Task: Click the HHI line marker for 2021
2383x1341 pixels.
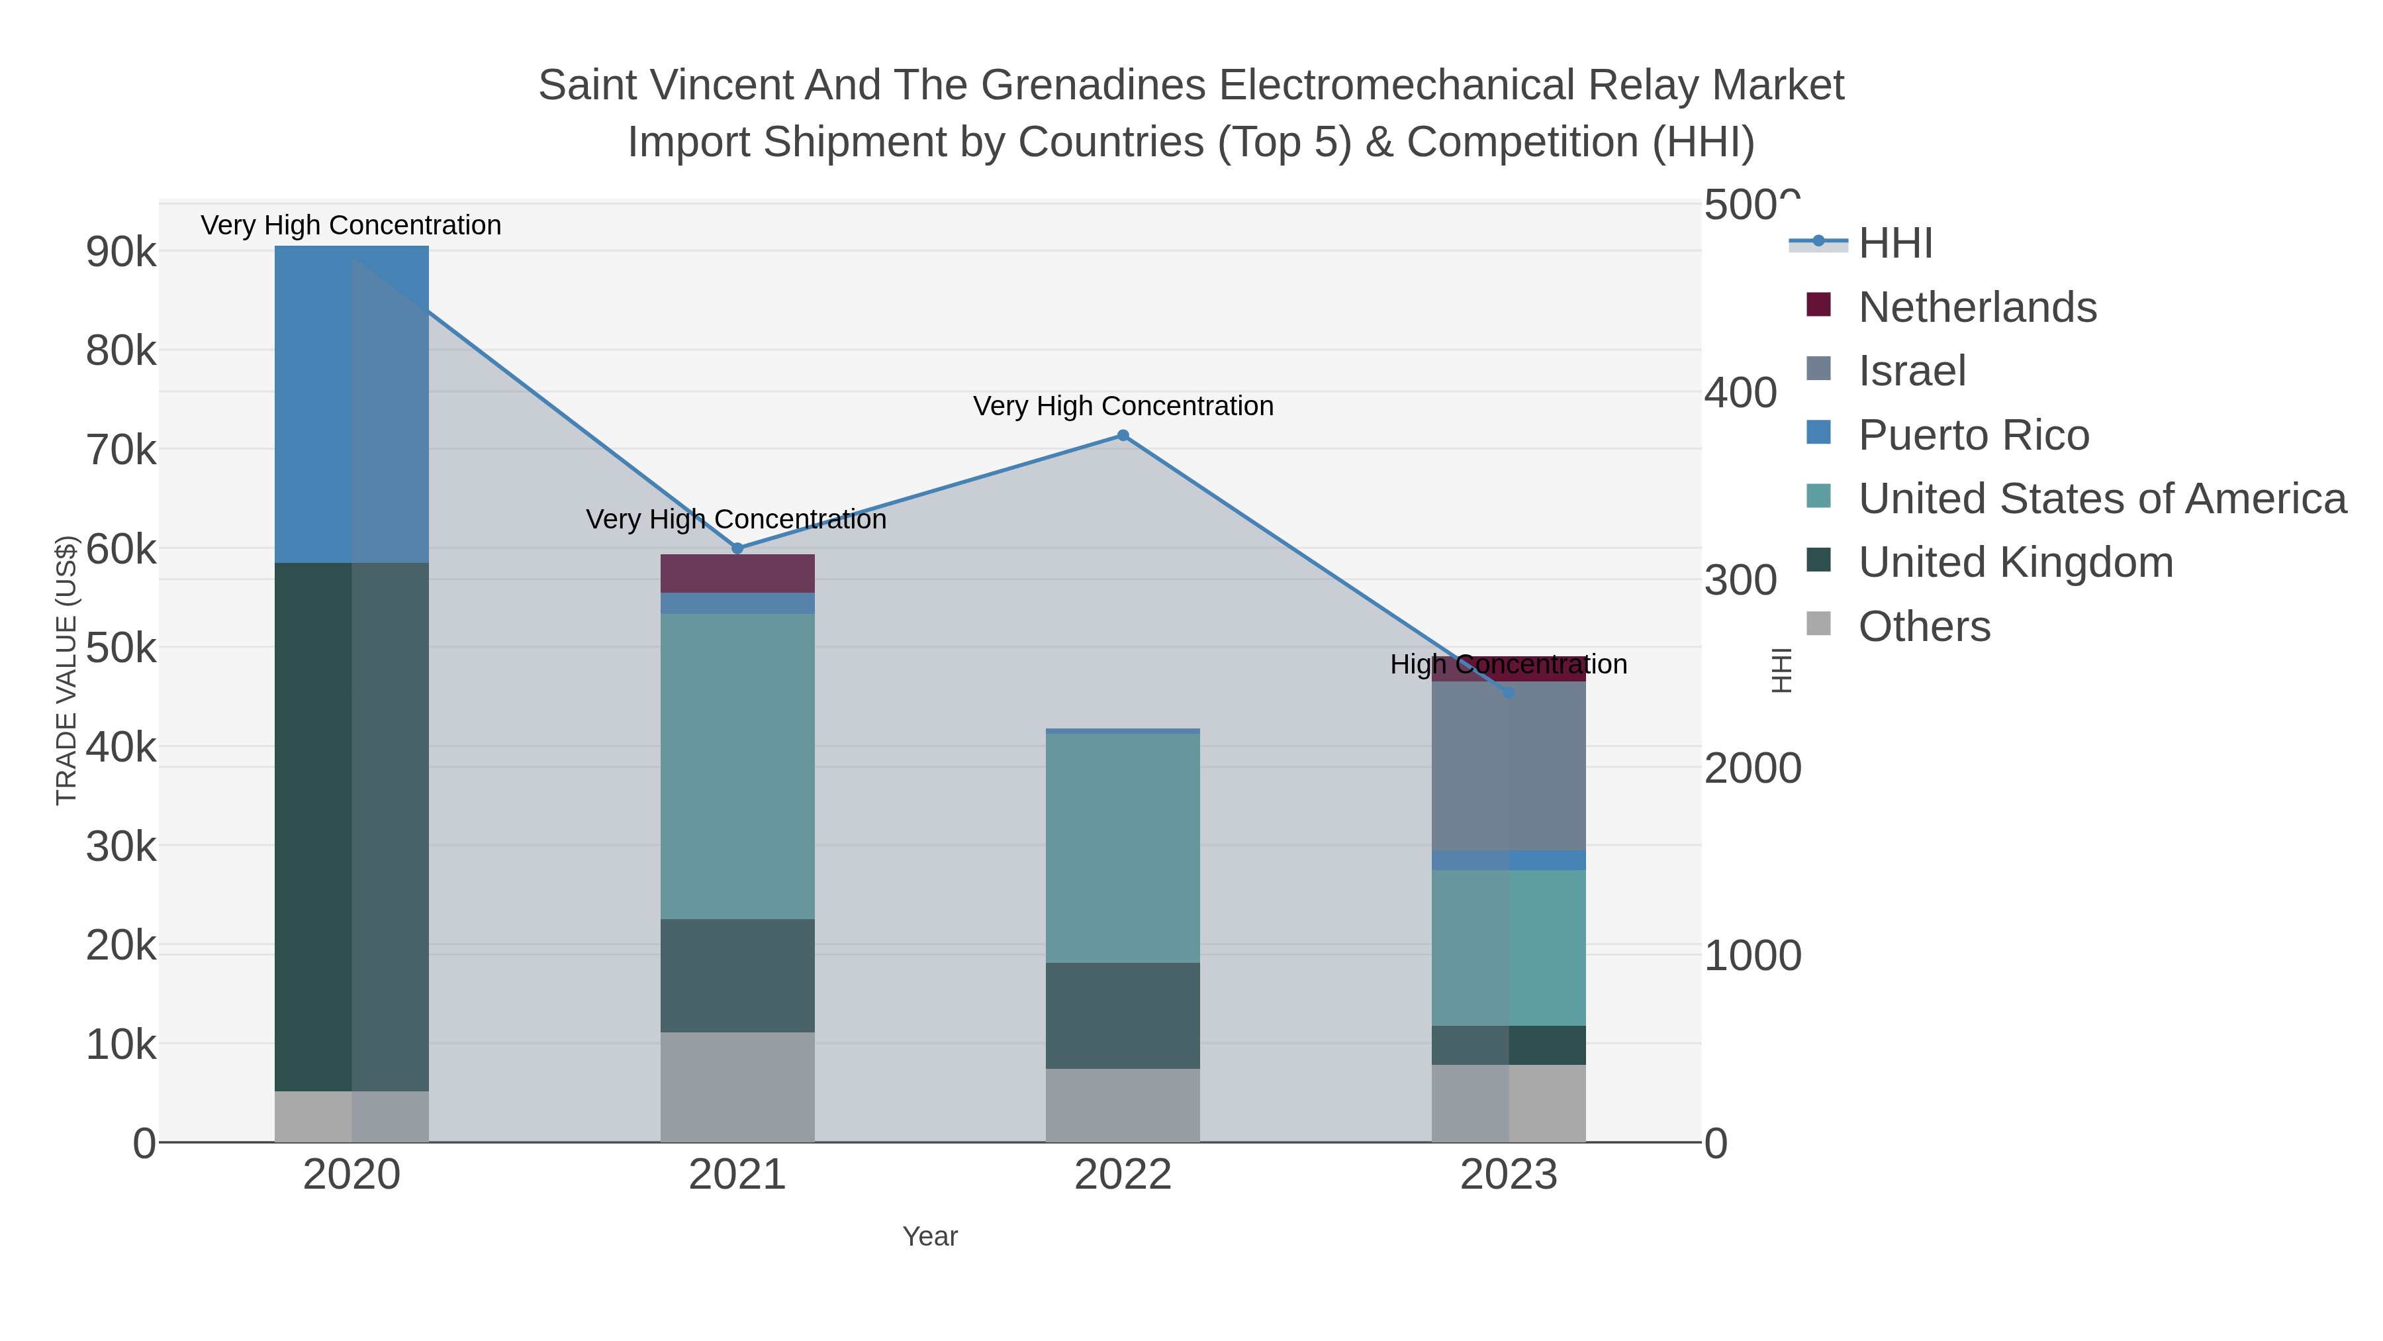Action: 737,548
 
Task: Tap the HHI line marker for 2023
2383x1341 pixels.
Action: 1509,693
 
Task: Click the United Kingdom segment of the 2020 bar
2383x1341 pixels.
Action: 351,826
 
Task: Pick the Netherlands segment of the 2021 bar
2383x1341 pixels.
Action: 737,573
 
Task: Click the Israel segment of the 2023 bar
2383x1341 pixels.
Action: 1509,766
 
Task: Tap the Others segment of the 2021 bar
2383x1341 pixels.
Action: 737,1087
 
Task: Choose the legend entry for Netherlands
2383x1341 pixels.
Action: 1977,307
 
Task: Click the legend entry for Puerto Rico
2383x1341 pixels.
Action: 1973,435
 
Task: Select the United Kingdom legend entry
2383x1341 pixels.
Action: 2015,563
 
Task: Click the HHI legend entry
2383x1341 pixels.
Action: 1894,244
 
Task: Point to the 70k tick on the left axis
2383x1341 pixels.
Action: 121,451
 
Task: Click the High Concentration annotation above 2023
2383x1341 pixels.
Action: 1509,664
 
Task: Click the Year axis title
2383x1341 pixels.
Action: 930,1236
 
